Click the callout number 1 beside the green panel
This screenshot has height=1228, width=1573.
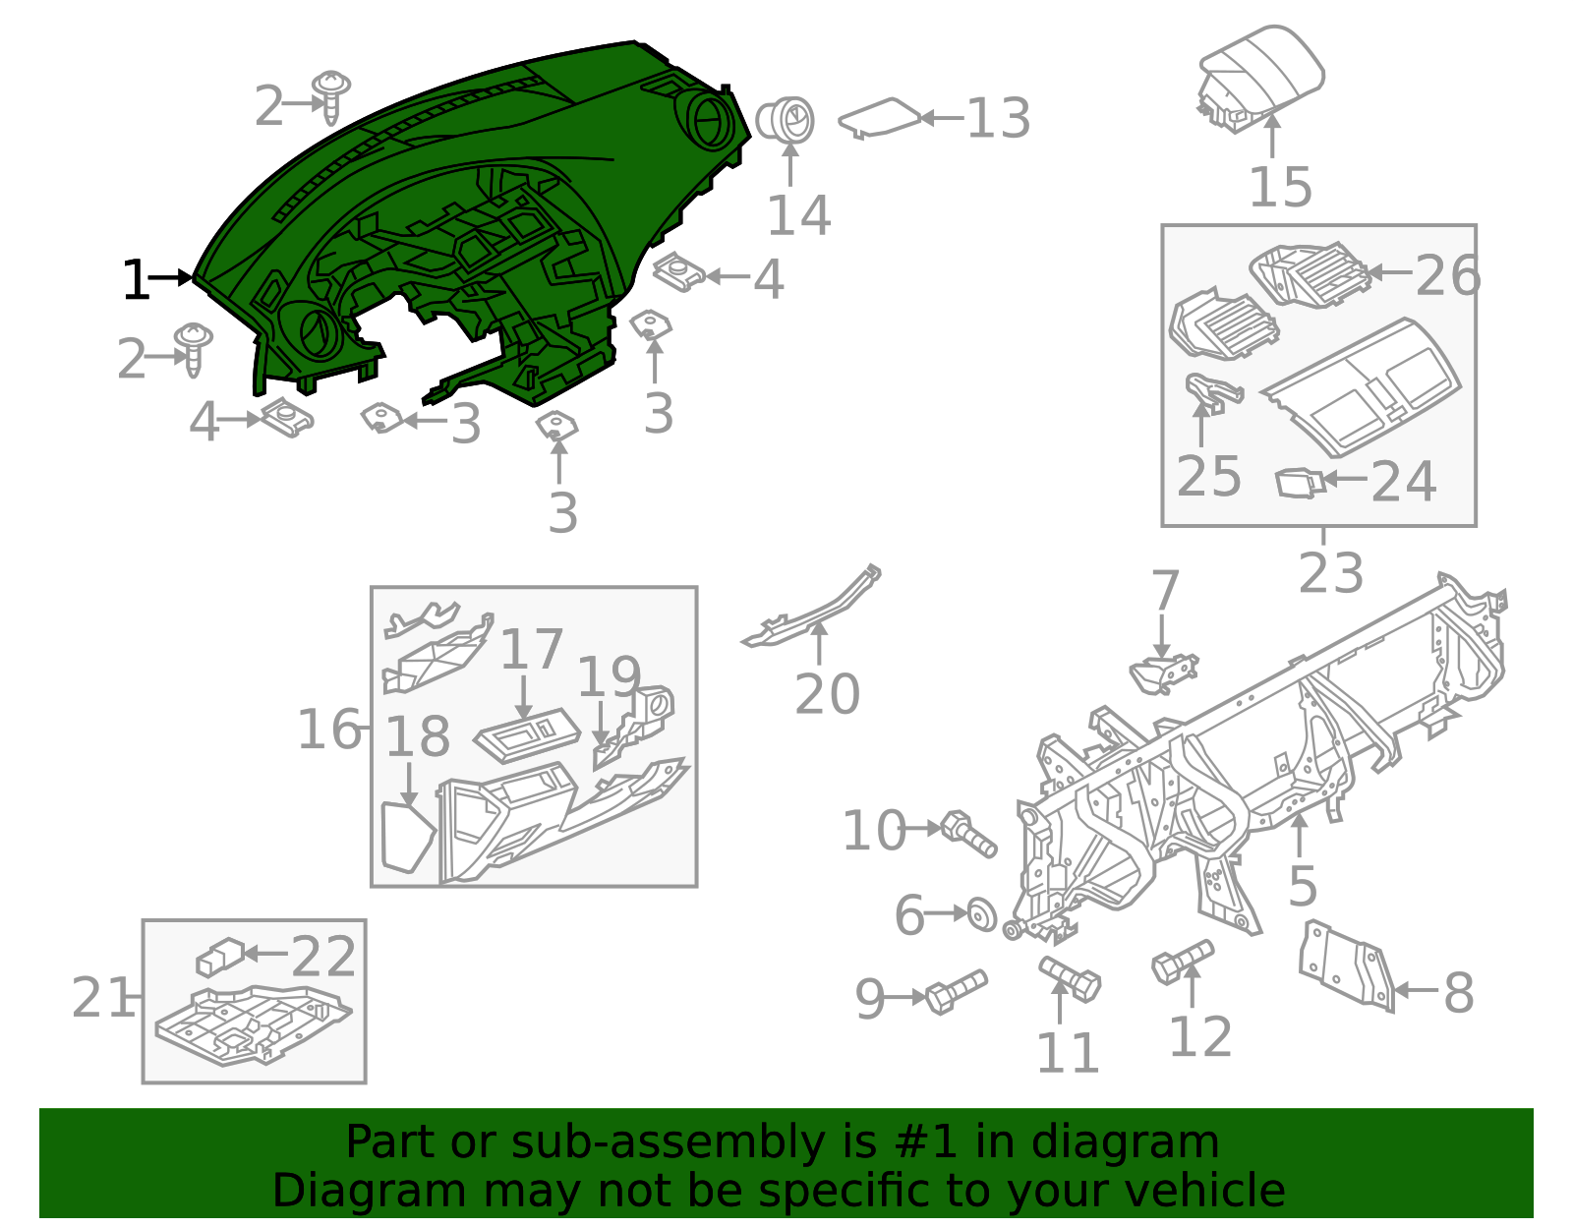pos(135,280)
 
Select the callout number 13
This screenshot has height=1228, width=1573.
pos(998,119)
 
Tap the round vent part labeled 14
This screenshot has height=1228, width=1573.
pos(787,121)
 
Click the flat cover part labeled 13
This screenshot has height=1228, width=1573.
pos(878,118)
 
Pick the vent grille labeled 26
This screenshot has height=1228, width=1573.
pos(1309,274)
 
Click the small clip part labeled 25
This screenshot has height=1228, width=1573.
pos(1211,392)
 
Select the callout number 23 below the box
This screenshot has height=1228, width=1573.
pos(1330,572)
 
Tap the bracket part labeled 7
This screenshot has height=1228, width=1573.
pos(1163,672)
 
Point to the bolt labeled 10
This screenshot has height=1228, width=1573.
pos(968,834)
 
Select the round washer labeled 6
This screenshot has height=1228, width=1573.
pos(980,913)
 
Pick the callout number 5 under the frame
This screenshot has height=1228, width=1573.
pos(1302,886)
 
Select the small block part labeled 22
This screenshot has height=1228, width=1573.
pos(220,956)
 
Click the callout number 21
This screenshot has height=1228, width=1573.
pos(101,998)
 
